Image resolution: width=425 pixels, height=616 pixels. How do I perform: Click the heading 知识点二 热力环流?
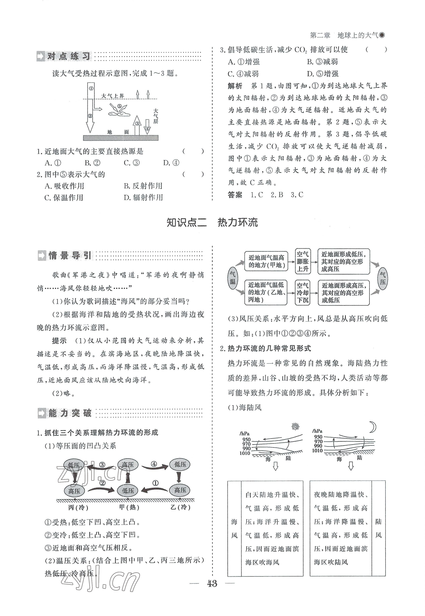coord(212,223)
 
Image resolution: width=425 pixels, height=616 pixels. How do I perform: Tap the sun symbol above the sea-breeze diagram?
coord(295,427)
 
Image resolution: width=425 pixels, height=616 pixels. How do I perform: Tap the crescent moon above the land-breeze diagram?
coord(372,427)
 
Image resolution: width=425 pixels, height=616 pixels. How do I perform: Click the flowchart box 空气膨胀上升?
coord(303,261)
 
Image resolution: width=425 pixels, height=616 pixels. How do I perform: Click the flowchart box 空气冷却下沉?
coord(303,293)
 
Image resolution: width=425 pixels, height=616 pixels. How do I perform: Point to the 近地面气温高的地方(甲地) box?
coord(266,261)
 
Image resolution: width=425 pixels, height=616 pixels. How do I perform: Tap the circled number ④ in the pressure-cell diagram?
coord(154,464)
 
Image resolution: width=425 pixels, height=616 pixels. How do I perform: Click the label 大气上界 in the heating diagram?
coord(113,96)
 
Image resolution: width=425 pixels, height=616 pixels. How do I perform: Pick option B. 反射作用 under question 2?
coord(143,186)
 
